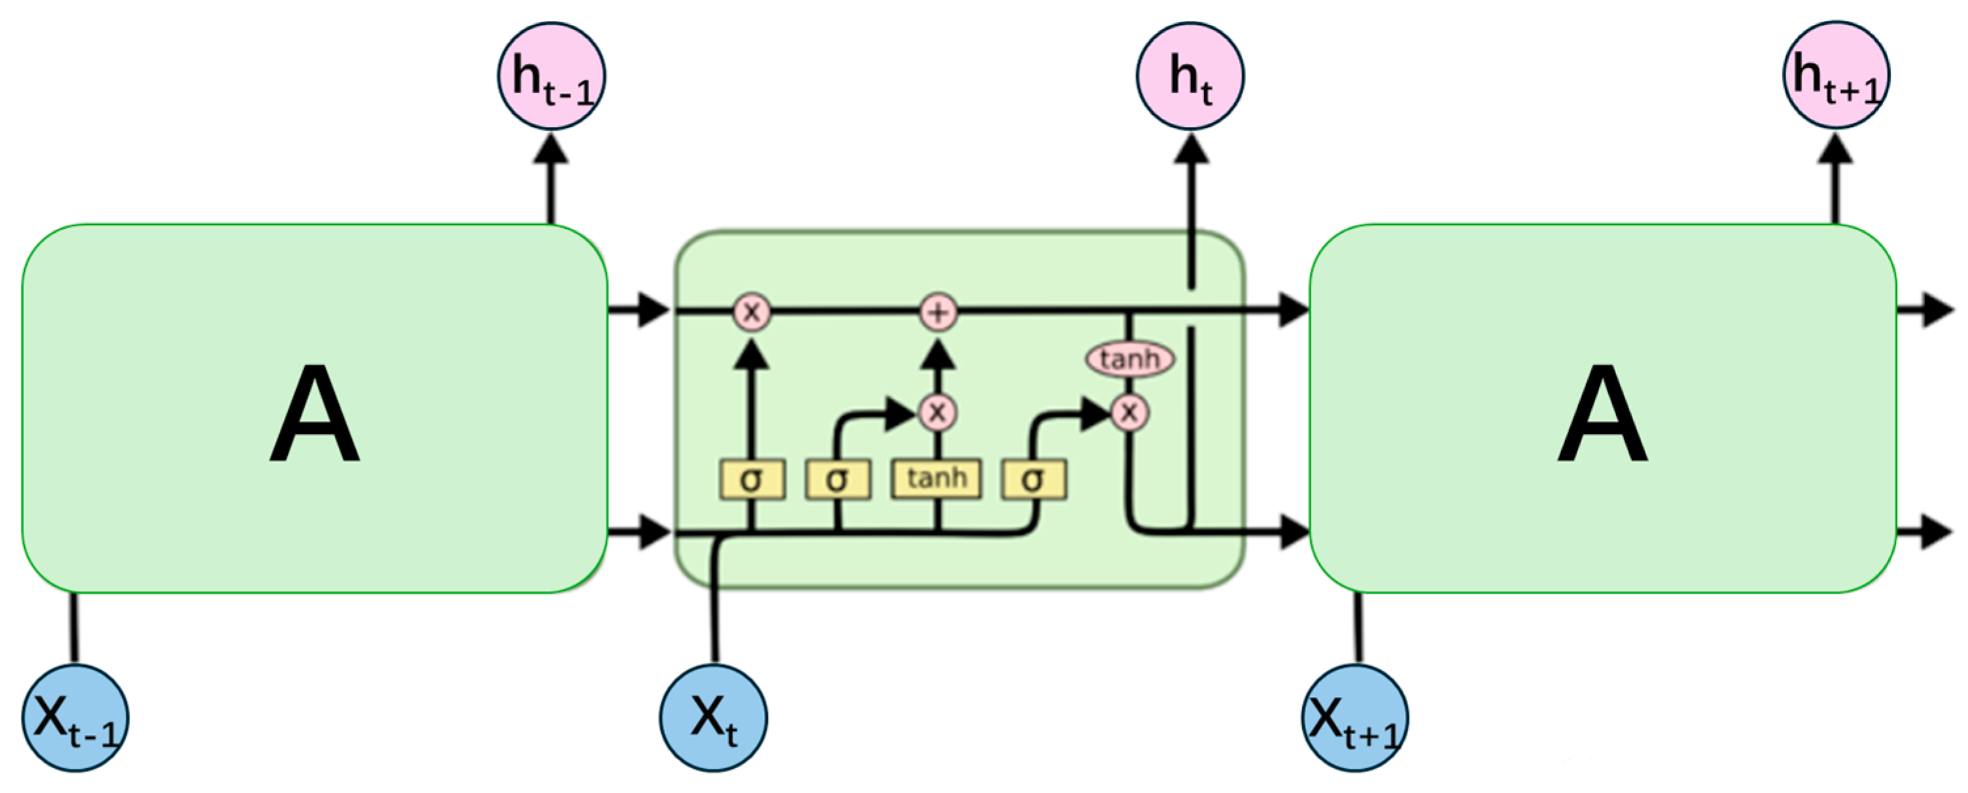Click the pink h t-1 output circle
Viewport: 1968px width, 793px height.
pos(551,76)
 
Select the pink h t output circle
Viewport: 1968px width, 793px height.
pos(1190,76)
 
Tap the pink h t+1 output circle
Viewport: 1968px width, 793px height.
pos(1837,75)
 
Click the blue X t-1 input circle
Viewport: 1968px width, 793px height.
pos(75,718)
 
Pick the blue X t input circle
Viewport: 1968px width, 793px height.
pos(714,718)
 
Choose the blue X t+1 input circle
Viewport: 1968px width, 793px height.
pos(1355,718)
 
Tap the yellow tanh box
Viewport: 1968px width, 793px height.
pos(937,479)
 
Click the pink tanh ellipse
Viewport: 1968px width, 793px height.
pos(1130,358)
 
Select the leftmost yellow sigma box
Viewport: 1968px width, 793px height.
pos(751,480)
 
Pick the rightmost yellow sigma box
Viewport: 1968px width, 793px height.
pos(1033,480)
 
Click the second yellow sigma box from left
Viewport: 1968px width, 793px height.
pos(837,480)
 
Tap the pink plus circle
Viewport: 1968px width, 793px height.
pos(938,312)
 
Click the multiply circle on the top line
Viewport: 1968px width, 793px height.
pos(751,312)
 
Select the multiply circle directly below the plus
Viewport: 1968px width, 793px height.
pos(937,413)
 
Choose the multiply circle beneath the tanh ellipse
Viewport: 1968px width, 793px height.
pos(1129,413)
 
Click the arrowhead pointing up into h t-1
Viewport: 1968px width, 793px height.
pos(551,148)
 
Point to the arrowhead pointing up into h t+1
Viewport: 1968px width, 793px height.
pos(1836,148)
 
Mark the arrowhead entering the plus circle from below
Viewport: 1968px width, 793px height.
pos(938,354)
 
